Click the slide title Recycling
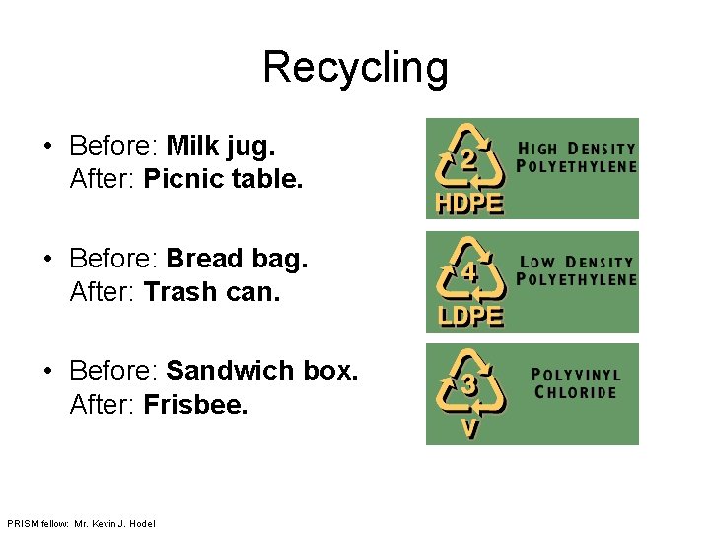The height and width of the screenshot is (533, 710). point(355,68)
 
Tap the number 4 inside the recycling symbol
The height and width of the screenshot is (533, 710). point(471,273)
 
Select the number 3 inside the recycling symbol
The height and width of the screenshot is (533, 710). point(471,386)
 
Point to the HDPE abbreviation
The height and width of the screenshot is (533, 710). point(469,204)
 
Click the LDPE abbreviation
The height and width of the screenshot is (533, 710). point(469,317)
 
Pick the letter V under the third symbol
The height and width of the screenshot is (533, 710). point(470,429)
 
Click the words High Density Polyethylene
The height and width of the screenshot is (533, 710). point(577,157)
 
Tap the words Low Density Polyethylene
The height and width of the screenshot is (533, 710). point(577,270)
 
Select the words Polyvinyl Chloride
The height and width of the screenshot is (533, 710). point(576,383)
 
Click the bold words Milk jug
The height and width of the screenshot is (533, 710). point(221,147)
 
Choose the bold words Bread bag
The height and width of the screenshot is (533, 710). point(237,260)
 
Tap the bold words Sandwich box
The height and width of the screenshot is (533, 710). point(262,372)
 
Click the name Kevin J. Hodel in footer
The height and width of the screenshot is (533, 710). point(123,523)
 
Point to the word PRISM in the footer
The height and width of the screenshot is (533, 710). point(20,523)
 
